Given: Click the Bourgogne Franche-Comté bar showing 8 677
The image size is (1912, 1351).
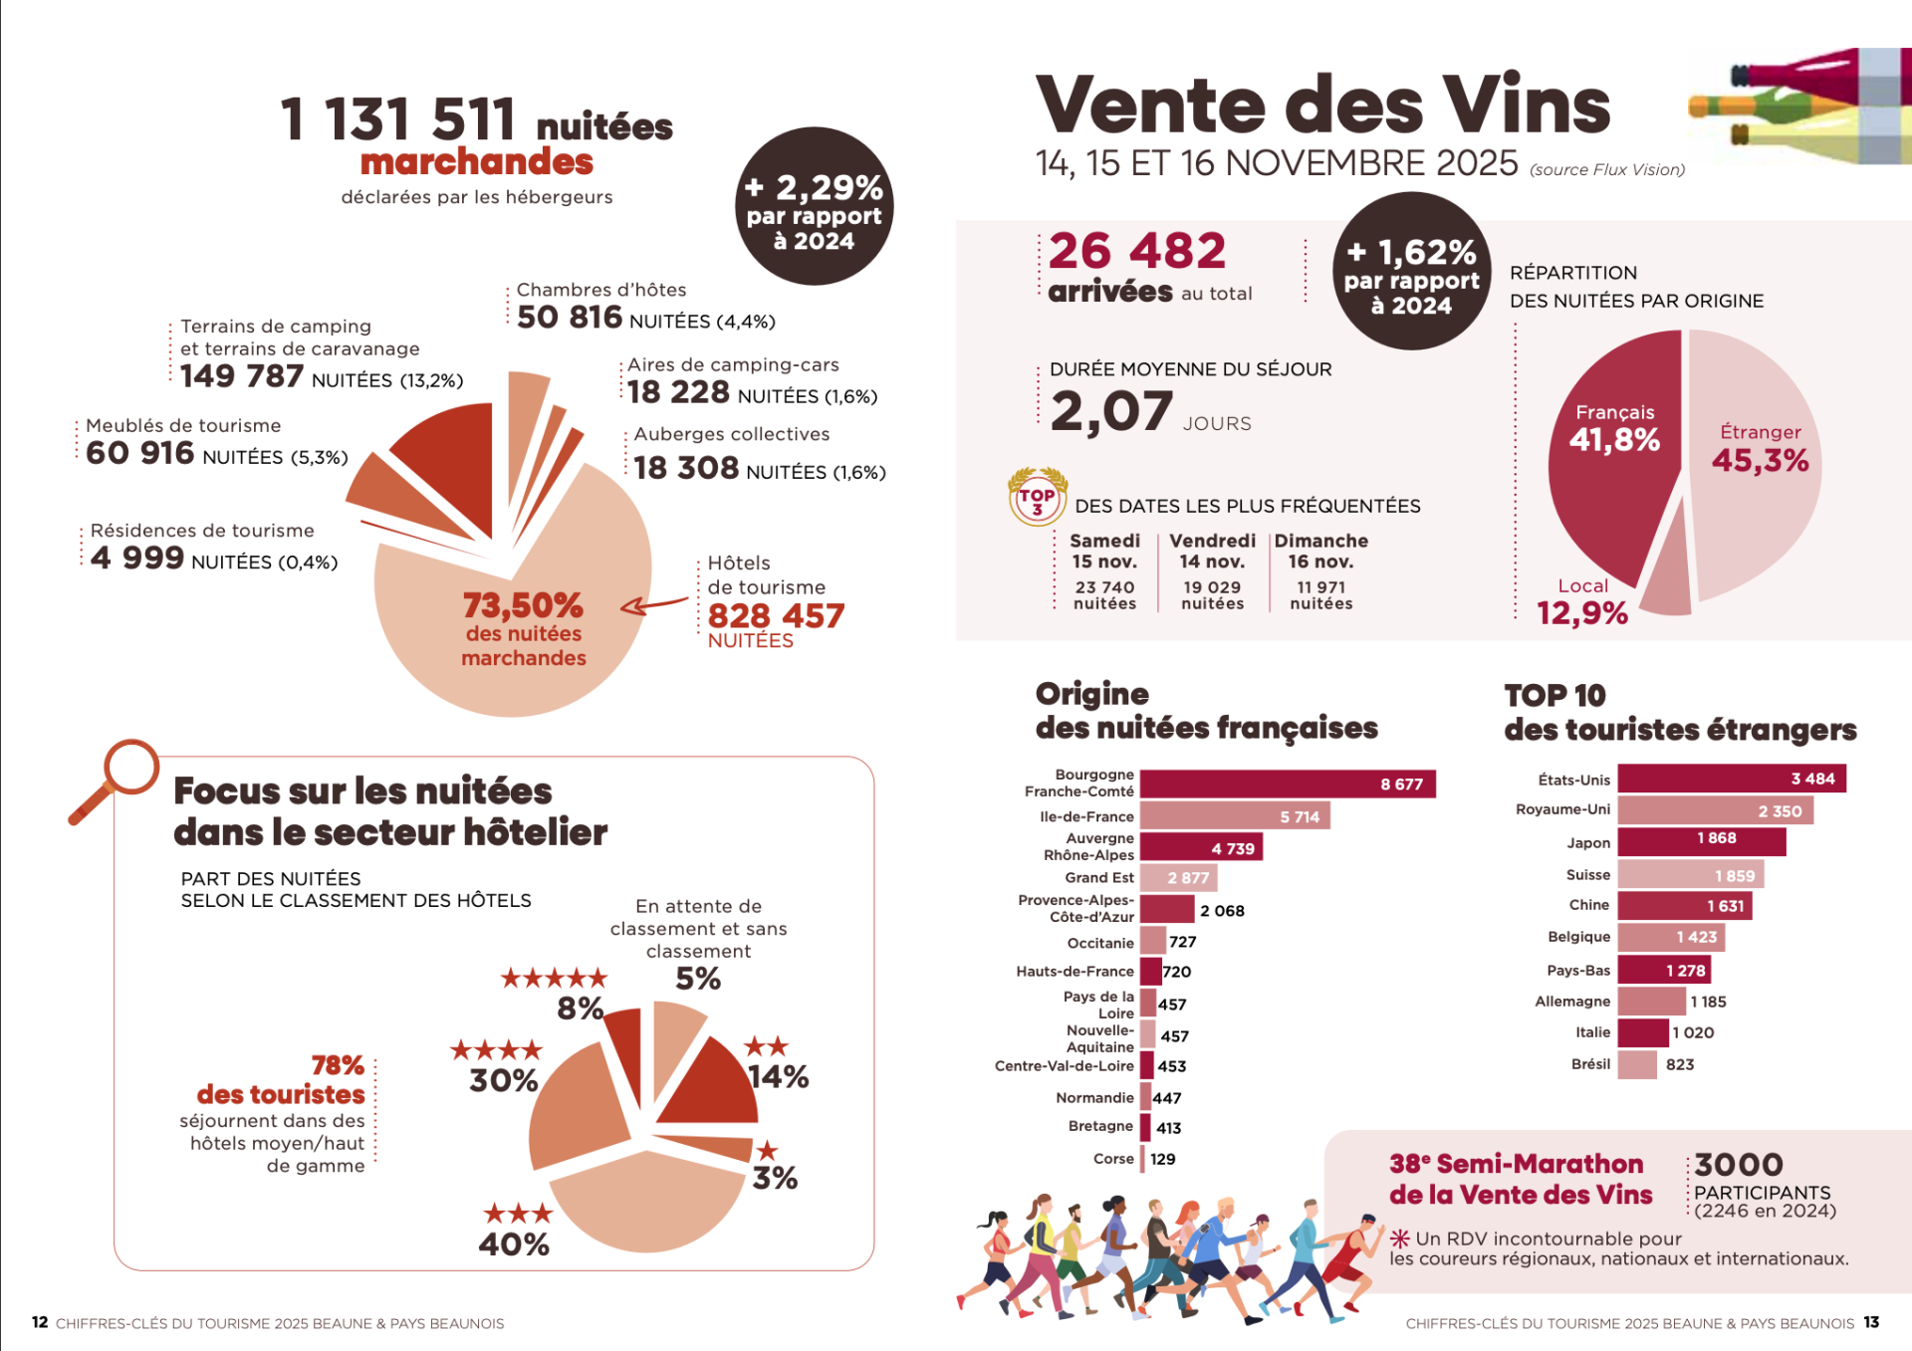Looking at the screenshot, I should coord(1287,785).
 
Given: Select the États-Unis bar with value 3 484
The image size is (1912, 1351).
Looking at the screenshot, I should coord(1731,779).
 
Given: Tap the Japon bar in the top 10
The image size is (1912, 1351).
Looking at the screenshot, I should coord(1701,842).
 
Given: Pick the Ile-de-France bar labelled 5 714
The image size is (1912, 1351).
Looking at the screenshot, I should coord(1235,816).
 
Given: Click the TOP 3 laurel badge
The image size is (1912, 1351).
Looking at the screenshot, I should coord(1037,496).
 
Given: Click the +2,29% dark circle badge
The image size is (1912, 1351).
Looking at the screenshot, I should coord(814,207).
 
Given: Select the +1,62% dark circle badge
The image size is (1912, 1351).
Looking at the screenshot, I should coord(1411,272).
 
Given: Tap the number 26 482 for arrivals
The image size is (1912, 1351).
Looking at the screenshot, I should coord(1136,251).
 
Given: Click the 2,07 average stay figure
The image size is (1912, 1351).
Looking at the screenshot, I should coord(1111,411).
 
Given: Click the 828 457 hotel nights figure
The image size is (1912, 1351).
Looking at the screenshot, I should coord(776,616).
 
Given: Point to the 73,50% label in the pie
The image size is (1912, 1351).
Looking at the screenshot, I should coord(523,605).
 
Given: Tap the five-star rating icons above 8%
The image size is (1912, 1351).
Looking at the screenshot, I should coord(554,978).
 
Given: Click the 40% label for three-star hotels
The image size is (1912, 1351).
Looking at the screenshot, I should coord(514,1243).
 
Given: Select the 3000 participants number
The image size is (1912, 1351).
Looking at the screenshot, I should coord(1739,1164).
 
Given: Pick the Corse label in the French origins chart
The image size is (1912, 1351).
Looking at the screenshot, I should coord(1113,1159).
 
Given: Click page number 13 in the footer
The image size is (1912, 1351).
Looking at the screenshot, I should coord(1871,1322).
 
